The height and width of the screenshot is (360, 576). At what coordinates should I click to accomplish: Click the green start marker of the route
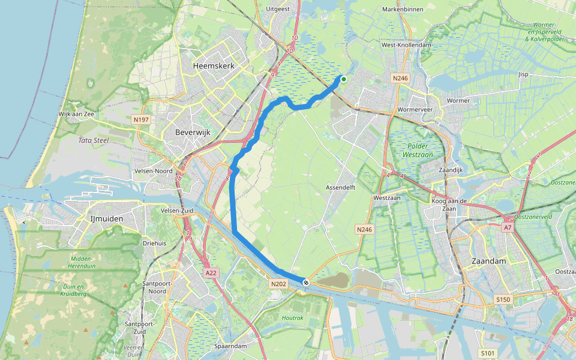pos(344,79)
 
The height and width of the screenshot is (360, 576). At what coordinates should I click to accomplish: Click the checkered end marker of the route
pos(306,282)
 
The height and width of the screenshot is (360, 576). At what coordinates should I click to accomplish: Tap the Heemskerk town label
pos(213,65)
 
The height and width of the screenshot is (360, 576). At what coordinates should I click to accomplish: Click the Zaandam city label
pos(489,261)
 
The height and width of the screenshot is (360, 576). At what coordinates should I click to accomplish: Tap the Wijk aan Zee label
pos(77,113)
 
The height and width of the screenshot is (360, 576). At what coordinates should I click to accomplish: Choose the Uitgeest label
pos(278,10)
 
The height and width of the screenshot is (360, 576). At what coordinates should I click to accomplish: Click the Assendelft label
pos(341,188)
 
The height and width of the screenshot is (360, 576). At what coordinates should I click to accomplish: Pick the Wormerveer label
pos(416,110)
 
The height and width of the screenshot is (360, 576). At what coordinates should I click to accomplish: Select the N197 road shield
pos(141,120)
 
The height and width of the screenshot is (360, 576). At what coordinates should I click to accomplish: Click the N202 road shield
pos(278,284)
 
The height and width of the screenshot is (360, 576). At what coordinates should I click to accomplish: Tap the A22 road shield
pos(210,273)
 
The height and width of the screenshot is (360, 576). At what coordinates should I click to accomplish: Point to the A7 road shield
pos(508,227)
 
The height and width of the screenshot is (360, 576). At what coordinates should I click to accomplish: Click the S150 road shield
pos(502,299)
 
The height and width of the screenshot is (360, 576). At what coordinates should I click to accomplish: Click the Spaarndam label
pos(230,346)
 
